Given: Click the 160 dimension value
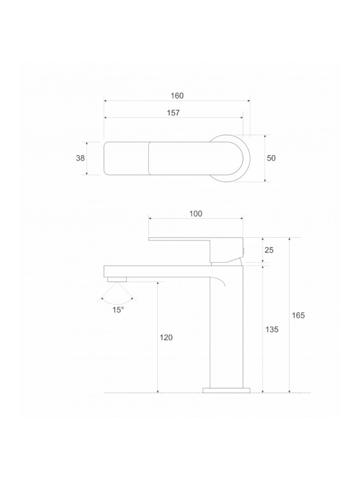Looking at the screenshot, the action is point(177,96).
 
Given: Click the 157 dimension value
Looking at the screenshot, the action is point(173,113).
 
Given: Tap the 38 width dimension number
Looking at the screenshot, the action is point(80,158).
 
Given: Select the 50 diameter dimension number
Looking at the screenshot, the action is point(271,158).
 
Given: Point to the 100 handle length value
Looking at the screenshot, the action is point(196,214).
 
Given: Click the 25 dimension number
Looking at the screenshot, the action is point(269,250).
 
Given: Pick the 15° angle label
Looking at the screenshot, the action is point(118,310).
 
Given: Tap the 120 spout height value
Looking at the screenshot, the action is point(166,338).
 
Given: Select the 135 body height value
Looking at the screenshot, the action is point(272,329).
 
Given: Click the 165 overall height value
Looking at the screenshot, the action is point(298,315).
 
